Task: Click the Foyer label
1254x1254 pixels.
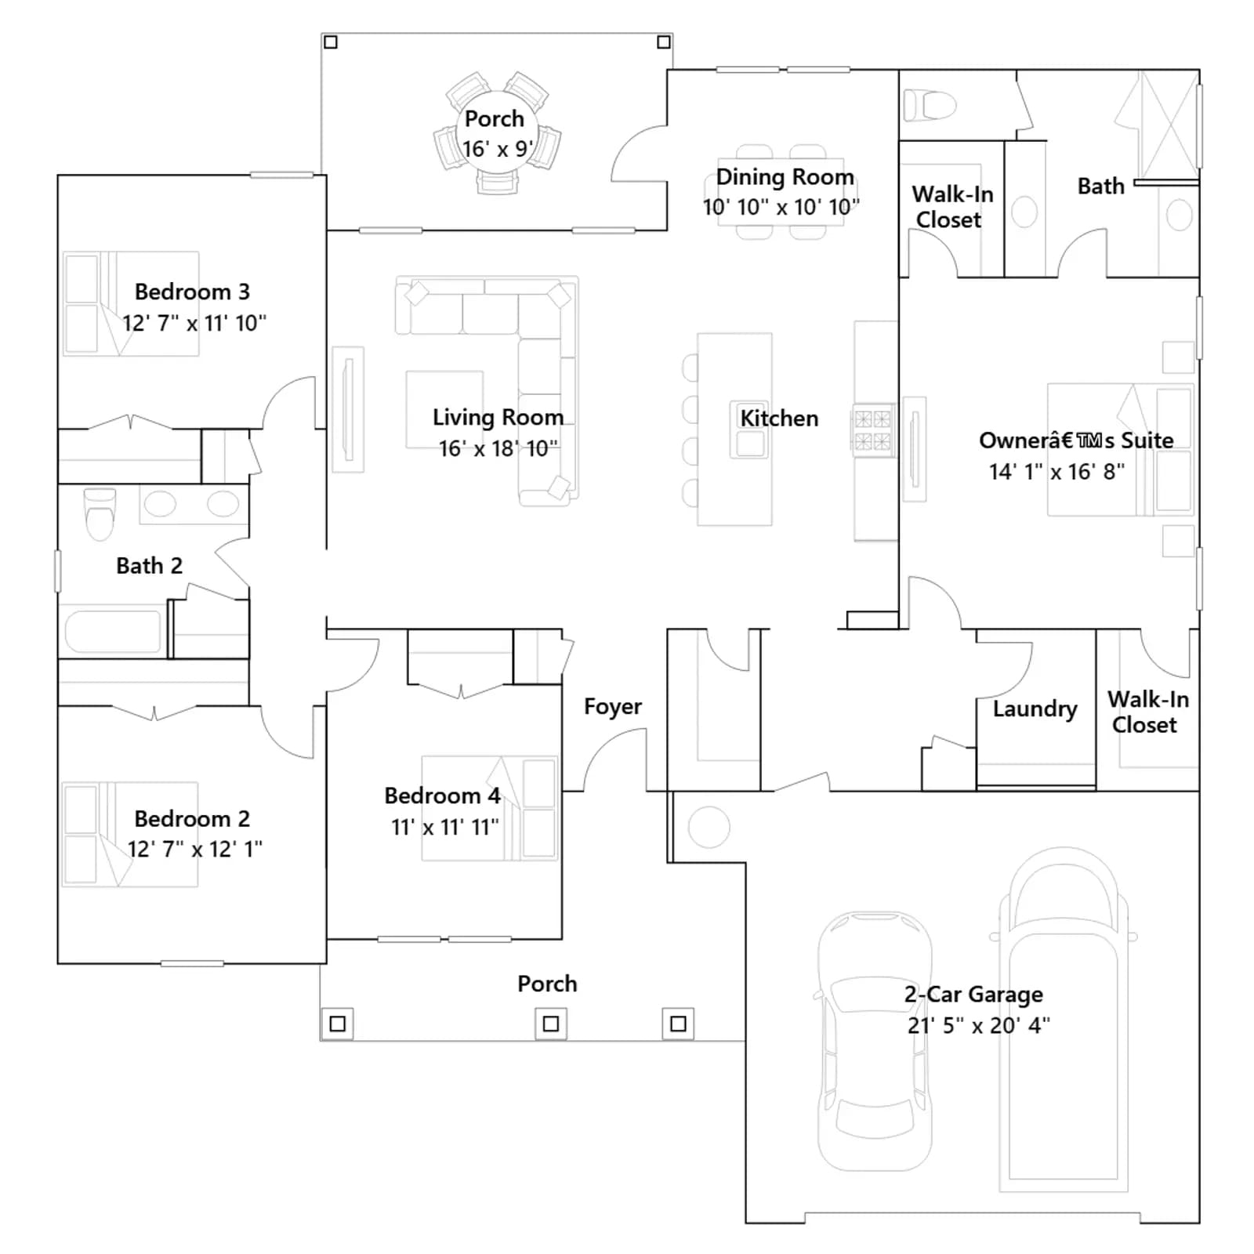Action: (612, 707)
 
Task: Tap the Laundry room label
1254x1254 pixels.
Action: (1035, 709)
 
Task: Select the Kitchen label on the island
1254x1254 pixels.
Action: (779, 419)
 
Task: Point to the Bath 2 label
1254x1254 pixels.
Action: (149, 566)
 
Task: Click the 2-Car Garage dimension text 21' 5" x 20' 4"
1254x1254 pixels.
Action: (978, 1025)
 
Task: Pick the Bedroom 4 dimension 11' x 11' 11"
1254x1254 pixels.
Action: (444, 827)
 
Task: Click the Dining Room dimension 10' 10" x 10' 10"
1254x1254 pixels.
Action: (781, 207)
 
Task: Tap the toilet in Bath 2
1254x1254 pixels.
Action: (100, 514)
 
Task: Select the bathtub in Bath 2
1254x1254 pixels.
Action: (114, 631)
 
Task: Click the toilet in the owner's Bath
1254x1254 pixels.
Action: (930, 105)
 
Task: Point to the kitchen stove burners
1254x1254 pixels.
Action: (872, 430)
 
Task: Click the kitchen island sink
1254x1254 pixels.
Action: (750, 429)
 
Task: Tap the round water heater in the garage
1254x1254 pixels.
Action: (709, 827)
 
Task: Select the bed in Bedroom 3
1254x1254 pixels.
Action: (131, 303)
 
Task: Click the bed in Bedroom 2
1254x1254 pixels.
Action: (130, 834)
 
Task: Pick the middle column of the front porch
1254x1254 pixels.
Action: (551, 1023)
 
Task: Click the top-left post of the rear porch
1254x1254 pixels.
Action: (331, 42)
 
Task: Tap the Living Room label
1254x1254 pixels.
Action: (498, 418)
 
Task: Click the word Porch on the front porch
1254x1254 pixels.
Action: (547, 984)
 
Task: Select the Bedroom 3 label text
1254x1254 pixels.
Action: (192, 292)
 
